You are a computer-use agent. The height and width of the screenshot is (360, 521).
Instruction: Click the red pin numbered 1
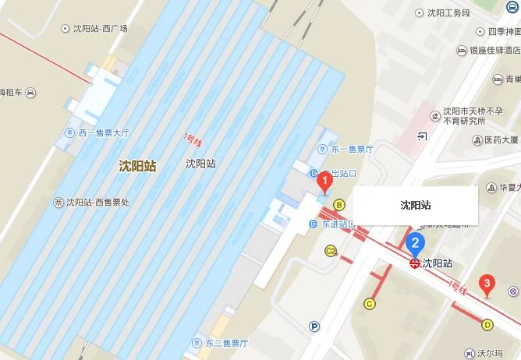(325, 183)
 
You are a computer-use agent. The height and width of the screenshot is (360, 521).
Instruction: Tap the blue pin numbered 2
(416, 243)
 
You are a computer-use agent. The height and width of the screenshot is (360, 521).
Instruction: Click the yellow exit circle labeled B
(339, 205)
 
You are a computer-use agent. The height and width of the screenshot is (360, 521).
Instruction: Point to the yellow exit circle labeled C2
(331, 251)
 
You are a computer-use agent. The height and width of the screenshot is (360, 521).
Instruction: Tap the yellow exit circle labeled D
(488, 325)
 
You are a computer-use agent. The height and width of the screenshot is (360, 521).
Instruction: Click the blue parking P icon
(314, 326)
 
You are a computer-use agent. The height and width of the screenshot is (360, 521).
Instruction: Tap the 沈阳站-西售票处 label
(97, 203)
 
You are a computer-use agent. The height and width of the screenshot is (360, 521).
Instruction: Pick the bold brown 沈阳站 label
(137, 166)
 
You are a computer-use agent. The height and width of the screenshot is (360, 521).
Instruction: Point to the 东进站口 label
(337, 224)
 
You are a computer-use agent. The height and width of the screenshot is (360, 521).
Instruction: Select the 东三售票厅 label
(225, 343)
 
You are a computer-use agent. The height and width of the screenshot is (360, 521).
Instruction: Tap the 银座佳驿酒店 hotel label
(494, 51)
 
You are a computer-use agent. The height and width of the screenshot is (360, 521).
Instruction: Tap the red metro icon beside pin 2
(415, 263)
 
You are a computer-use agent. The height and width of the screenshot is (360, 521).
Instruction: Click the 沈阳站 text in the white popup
(416, 206)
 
